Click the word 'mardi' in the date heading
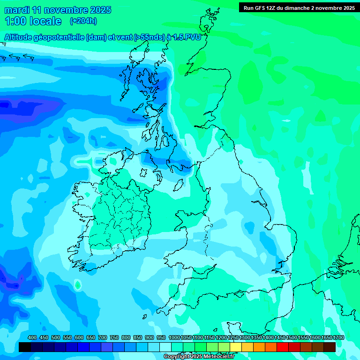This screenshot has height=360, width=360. pos(17,10)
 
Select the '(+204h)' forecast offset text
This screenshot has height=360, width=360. pos(83,21)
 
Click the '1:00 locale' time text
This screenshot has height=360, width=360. pos(33,21)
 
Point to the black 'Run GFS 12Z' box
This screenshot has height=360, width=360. pos(299,7)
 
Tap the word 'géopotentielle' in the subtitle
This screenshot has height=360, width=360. pos(59,37)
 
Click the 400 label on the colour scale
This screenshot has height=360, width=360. pos(32,337)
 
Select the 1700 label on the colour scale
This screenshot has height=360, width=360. pos(338,337)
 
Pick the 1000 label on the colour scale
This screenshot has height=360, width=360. pos(174,337)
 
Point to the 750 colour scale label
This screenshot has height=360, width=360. pos(114,337)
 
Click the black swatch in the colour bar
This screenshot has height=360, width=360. pos(25,347)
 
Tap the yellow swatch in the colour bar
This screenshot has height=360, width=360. pos(236,347)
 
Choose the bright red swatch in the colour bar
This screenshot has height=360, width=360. pos(283,347)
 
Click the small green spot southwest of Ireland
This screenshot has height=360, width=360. pos(77,285)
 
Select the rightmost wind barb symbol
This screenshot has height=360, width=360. pos(29,59)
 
